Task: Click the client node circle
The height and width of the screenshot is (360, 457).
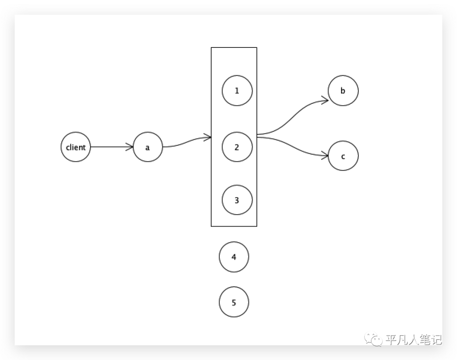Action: (x=76, y=147)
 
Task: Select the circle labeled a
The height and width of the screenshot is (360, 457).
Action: (x=148, y=147)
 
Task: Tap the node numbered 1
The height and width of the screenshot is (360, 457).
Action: (x=237, y=91)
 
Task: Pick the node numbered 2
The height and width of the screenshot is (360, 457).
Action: (x=237, y=147)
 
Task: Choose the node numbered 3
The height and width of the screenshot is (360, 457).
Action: (x=237, y=200)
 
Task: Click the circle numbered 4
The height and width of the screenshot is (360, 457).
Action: (x=234, y=257)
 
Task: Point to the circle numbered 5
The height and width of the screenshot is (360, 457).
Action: (x=234, y=302)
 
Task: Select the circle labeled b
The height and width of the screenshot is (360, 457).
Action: (x=343, y=91)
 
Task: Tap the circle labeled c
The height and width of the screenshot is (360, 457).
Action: (x=343, y=156)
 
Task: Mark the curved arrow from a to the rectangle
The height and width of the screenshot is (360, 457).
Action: (x=186, y=142)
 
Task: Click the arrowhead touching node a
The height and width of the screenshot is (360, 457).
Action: (x=130, y=147)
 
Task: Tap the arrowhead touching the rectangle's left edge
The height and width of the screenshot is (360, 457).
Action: (x=208, y=137)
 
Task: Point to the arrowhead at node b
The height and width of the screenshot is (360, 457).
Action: (x=325, y=100)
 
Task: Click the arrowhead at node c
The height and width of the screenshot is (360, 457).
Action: (x=325, y=156)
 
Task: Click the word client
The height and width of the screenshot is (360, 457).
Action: (x=76, y=147)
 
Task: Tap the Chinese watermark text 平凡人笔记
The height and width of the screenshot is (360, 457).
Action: (x=413, y=340)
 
